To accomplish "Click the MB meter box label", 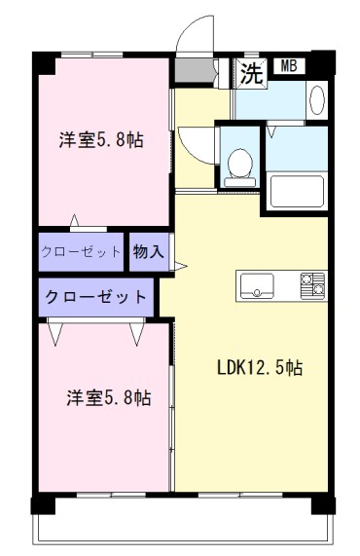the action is tap(289, 66).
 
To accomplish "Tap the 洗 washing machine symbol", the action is tap(251, 73).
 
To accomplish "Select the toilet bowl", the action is tap(240, 167).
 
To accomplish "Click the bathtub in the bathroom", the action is tap(297, 192).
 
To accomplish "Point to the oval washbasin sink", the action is tap(317, 99).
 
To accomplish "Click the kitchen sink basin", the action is tap(257, 286).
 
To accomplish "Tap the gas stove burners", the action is tap(312, 286).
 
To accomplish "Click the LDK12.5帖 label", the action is tap(260, 367).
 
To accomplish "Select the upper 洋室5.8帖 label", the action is tap(101, 139).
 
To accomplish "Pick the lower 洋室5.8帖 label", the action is tap(109, 398).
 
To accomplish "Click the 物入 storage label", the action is tap(149, 252).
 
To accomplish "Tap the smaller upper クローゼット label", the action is tap(81, 252).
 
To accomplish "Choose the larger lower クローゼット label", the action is tap(95, 296).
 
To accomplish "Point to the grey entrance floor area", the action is tap(195, 70).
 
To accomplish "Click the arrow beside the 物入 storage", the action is tap(180, 266).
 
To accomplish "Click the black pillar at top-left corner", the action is tap(44, 63).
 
